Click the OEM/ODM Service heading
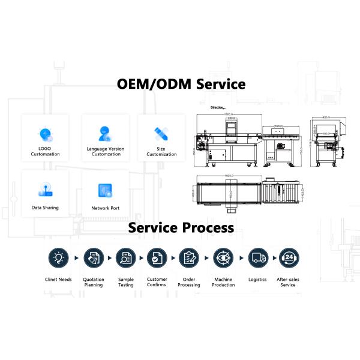click(x=179, y=83)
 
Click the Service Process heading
click(x=179, y=228)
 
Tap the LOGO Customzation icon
click(x=45, y=134)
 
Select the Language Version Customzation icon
click(x=105, y=133)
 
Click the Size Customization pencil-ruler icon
click(x=161, y=134)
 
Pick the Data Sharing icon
click(x=45, y=190)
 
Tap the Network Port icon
click(x=105, y=190)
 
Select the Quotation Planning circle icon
click(x=93, y=258)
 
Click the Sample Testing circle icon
click(x=125, y=258)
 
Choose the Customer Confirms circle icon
click(x=157, y=258)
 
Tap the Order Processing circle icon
click(x=189, y=258)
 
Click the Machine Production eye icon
click(x=223, y=258)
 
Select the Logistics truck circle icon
click(x=257, y=258)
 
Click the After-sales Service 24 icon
click(x=289, y=258)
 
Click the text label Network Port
click(x=105, y=208)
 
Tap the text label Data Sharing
click(x=45, y=208)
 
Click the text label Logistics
click(x=257, y=279)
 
